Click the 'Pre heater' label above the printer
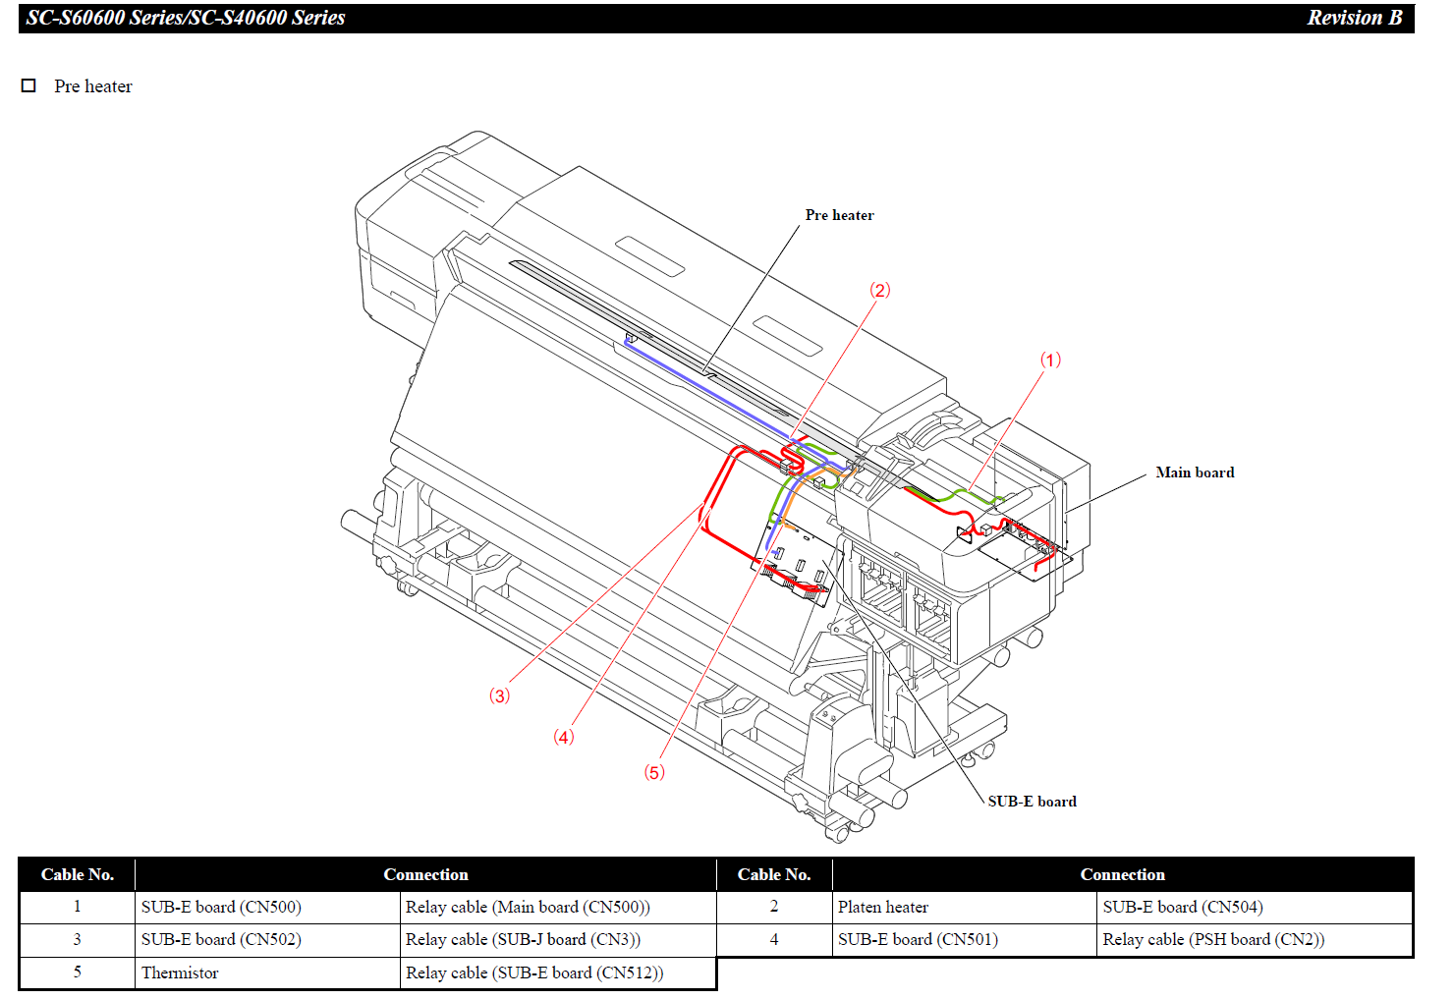coord(839,215)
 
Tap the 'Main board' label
coord(1194,472)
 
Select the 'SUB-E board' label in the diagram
coord(1032,802)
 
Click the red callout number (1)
coord(1050,361)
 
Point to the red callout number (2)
coord(879,290)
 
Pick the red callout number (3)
coord(499,696)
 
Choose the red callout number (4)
coord(563,737)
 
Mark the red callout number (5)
coord(654,772)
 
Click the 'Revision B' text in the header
coord(1354,18)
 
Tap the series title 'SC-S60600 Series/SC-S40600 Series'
coord(186,18)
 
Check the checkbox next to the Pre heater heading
coord(29,85)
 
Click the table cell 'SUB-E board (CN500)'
coord(221,908)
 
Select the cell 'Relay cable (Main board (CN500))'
coord(528,908)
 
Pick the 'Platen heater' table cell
coord(882,908)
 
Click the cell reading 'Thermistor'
coord(180,973)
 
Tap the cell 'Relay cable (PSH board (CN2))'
coord(1213,940)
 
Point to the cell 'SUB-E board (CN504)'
coord(1183,908)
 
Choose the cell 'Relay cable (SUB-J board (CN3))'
coord(523,940)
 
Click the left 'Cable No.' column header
coord(78,874)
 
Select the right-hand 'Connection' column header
coord(1122,874)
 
